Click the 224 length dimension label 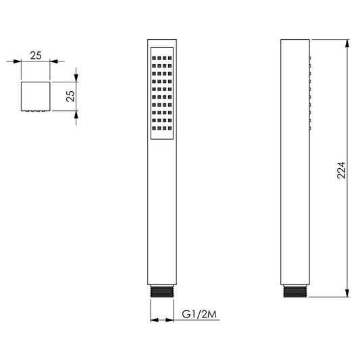coord(341,170)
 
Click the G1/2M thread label coord(199,314)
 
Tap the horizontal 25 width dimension coord(36,56)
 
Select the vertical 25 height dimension coord(70,96)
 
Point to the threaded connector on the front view coord(162,291)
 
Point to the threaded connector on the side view coord(294,291)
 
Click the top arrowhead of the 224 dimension coord(347,43)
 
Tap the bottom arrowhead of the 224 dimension coord(347,293)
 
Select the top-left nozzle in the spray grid coord(154,58)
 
